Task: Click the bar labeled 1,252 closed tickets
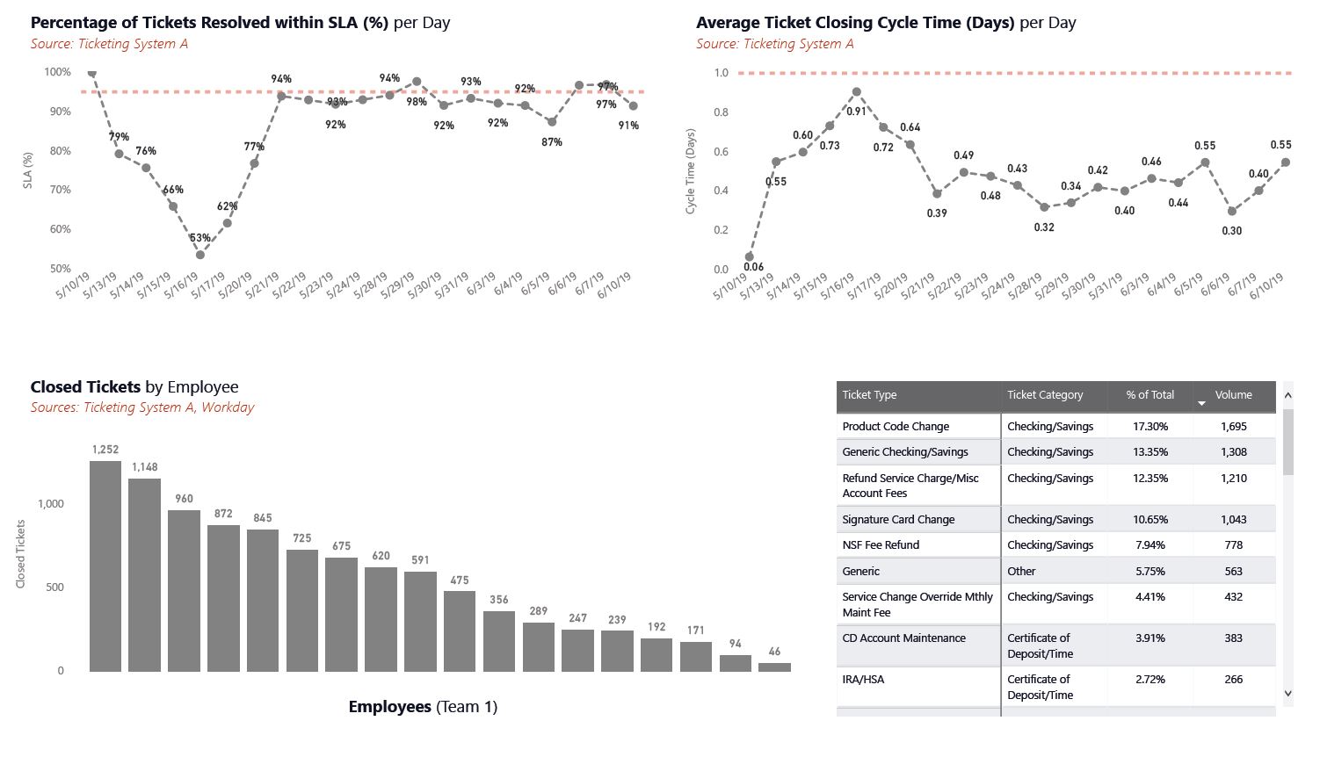(105, 566)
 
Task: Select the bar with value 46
(774, 667)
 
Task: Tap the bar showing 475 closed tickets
(460, 631)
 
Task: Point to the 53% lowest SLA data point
(200, 255)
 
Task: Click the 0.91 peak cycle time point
(857, 91)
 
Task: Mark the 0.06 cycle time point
(750, 257)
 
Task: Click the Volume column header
(1233, 395)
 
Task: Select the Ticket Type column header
(869, 395)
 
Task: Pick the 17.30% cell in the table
(1150, 427)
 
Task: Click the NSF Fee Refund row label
(881, 545)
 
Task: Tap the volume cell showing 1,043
(1233, 520)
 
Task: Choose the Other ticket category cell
(1021, 572)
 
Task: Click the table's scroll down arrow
(1288, 693)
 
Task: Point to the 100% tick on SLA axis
(58, 72)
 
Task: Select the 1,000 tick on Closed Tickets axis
(51, 504)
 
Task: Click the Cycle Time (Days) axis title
(691, 171)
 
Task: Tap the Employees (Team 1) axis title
(423, 707)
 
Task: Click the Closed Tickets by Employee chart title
(134, 387)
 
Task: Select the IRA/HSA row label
(863, 680)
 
